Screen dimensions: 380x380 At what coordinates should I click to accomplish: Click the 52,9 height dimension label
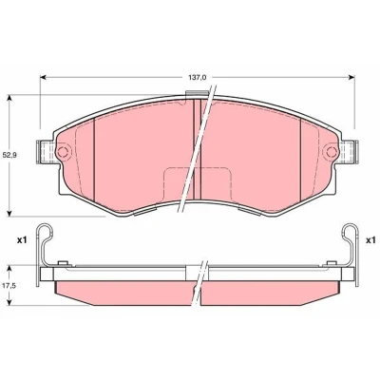(x=10, y=155)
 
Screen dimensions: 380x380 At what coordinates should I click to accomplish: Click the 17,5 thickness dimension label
(x=10, y=285)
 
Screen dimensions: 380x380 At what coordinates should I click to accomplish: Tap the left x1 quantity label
(x=22, y=240)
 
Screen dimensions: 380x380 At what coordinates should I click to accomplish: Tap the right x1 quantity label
(x=370, y=240)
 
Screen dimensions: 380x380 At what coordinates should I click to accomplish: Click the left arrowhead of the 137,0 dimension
(x=44, y=77)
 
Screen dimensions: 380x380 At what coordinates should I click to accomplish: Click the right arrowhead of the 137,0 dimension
(x=351, y=77)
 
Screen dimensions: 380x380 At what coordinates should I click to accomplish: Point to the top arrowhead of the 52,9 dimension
(x=9, y=98)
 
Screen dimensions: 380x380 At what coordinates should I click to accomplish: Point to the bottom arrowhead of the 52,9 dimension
(x=9, y=213)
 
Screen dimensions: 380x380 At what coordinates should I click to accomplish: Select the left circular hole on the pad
(x=63, y=152)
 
